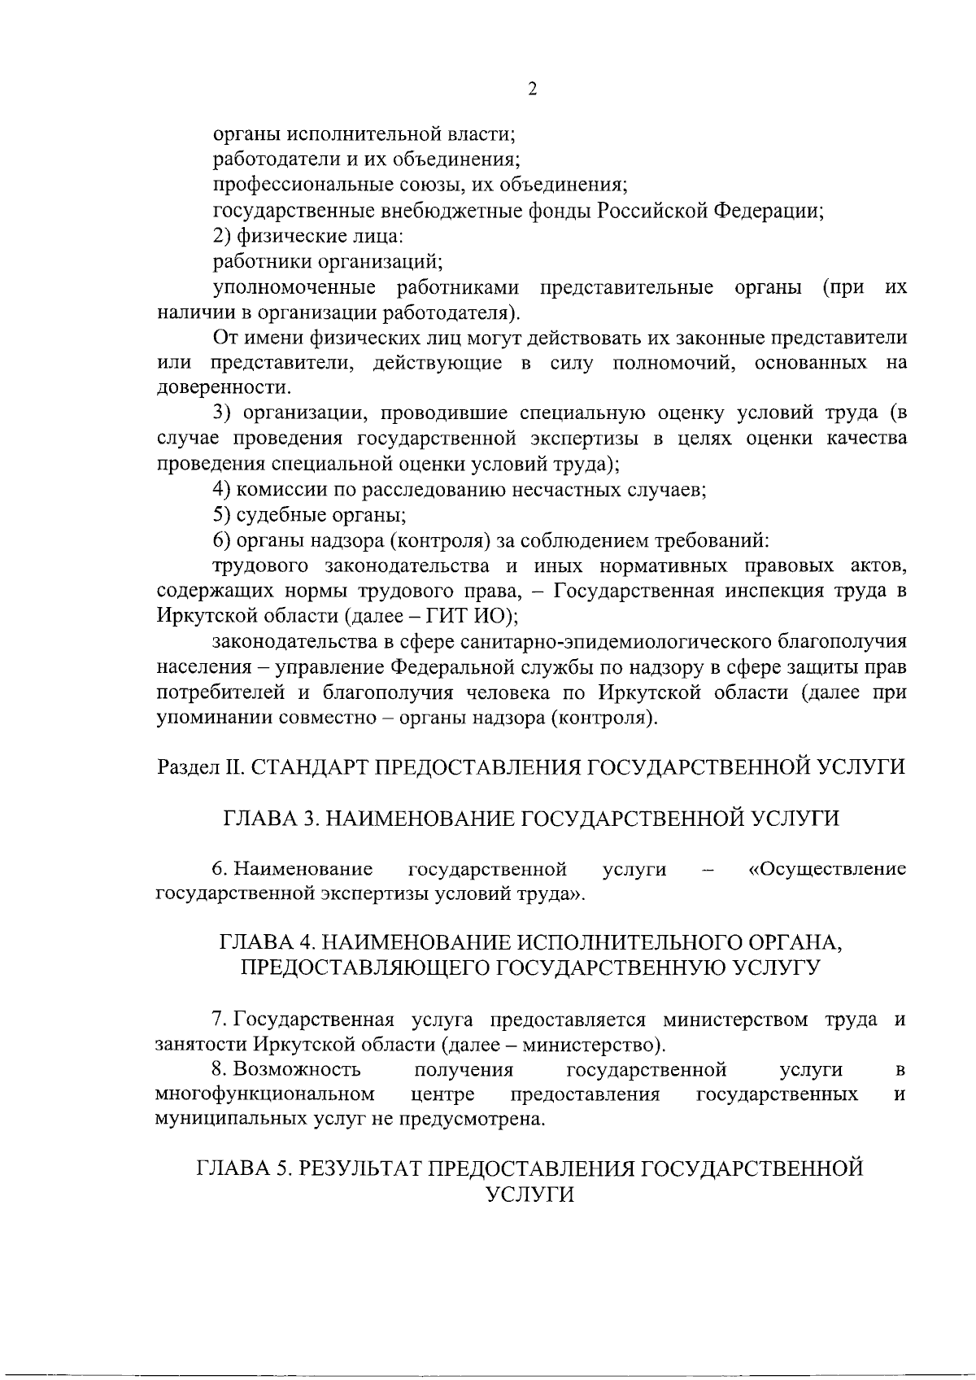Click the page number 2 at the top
pos(532,90)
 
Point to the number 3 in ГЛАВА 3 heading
pos(308,819)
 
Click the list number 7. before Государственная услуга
pos(220,1020)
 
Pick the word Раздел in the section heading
pos(183,767)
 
